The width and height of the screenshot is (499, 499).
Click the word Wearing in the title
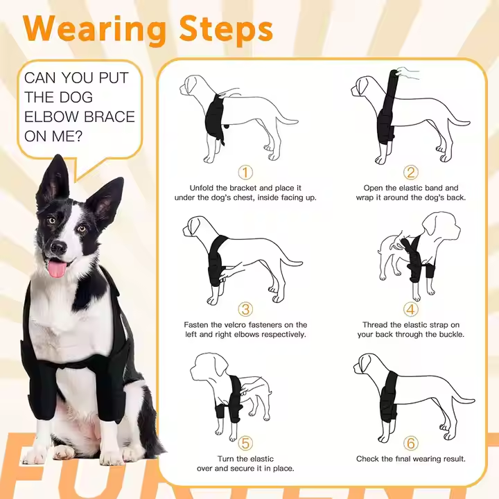click(x=94, y=30)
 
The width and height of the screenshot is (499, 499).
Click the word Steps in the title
click(x=226, y=29)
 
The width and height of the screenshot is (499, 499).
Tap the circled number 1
click(x=245, y=173)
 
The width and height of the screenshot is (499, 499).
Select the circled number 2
click(x=410, y=173)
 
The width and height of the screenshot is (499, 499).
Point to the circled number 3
click(x=245, y=309)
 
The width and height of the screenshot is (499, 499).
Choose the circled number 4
click(x=410, y=309)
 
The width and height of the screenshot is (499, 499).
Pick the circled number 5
click(x=245, y=444)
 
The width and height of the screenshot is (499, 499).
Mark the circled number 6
click(x=410, y=444)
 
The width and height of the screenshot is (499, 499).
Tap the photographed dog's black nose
click(x=59, y=247)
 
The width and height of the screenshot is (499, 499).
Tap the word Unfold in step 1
click(x=202, y=188)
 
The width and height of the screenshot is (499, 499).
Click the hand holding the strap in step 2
click(x=408, y=73)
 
